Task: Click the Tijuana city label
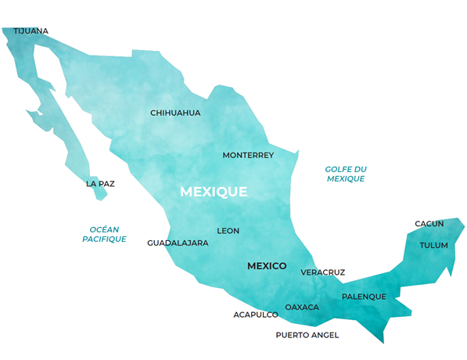(31, 31)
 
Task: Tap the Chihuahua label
(175, 113)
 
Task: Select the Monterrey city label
(248, 155)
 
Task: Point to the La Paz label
(100, 185)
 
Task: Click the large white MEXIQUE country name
(214, 192)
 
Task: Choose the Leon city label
(228, 231)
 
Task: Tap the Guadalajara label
(178, 243)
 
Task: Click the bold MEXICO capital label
(267, 266)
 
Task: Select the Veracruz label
(322, 272)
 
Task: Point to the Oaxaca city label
(302, 308)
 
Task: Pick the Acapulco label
(256, 315)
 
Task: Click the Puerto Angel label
(307, 335)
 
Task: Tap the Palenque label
(364, 297)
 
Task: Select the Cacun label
(429, 224)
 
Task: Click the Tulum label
(434, 245)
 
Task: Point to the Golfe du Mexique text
(346, 174)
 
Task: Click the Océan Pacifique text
(104, 234)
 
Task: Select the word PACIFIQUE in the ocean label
(104, 239)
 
